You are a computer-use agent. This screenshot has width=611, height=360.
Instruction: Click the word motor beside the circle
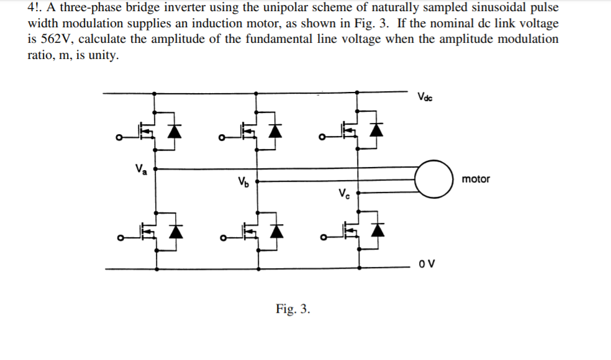[x=476, y=179]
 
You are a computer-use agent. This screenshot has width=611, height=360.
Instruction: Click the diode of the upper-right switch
[x=375, y=130]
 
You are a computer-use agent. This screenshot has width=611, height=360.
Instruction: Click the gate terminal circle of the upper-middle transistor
[x=222, y=137]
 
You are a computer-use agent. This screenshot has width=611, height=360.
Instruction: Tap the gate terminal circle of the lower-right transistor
[x=322, y=238]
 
